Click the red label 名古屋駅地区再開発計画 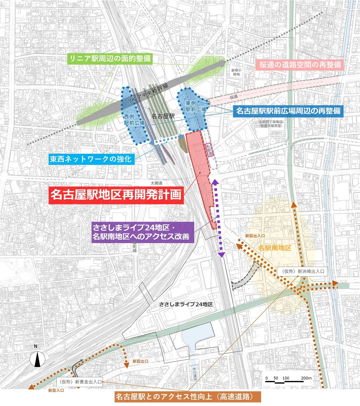point(116,195)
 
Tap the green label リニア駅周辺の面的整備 point(110,58)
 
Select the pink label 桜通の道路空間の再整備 point(300,65)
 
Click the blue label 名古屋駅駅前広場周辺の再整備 point(288,111)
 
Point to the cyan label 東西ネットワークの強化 point(91,159)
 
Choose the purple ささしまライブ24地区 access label point(141,232)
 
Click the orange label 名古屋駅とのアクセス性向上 point(188,397)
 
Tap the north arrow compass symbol point(37,359)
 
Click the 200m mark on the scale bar point(306,378)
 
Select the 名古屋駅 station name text point(163,116)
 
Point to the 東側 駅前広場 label point(196,106)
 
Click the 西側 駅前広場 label point(134,120)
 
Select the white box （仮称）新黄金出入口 point(80,382)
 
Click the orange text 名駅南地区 point(275,248)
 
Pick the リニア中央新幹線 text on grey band point(148,93)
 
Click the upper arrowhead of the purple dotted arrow point(215,181)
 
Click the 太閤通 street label point(156,183)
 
